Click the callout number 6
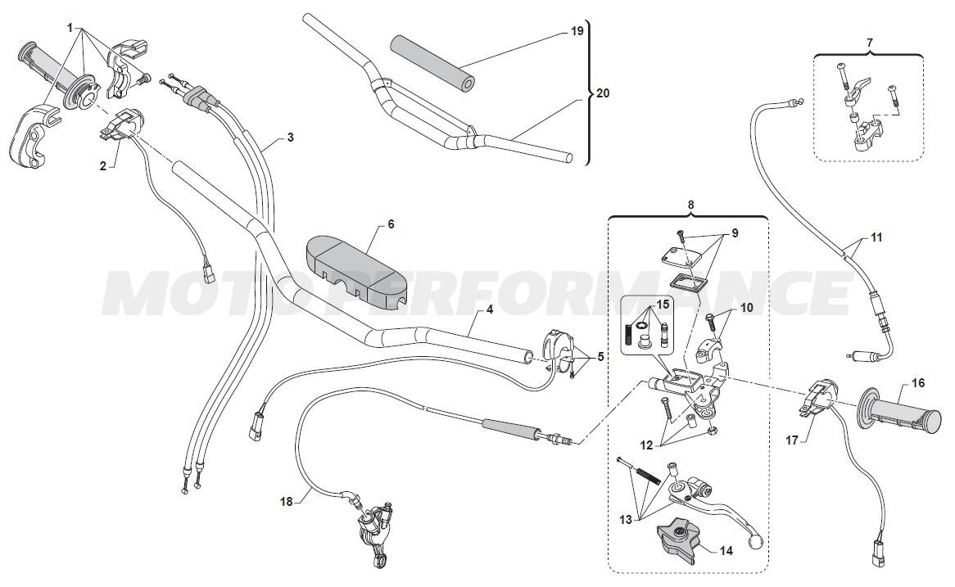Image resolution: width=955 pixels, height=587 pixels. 391,224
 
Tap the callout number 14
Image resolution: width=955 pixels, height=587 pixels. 726,552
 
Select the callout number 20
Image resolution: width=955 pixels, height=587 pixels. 603,93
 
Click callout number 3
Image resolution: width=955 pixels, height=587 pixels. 290,138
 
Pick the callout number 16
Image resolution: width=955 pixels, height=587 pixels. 917,382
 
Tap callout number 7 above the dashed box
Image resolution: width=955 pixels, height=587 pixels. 870,40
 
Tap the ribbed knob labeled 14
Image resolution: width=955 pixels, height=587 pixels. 678,539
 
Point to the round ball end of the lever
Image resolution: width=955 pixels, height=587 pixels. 756,540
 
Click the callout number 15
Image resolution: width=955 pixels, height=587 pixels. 661,304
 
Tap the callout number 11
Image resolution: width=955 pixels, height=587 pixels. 876,238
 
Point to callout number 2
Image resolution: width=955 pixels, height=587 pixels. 103,166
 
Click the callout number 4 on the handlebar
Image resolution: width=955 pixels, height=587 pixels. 489,309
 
